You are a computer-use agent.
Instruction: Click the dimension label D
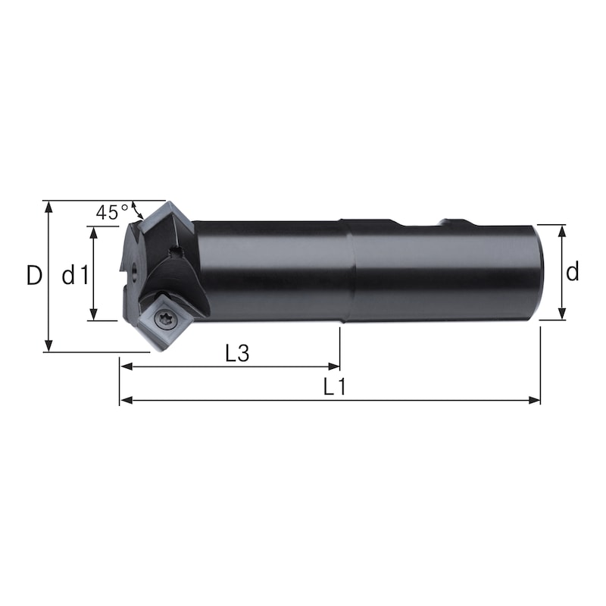point(33,275)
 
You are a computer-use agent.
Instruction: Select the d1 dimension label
point(75,275)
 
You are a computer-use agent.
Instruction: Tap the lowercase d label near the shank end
point(573,270)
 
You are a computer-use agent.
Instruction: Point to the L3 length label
point(237,353)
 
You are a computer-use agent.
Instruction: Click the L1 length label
point(334,387)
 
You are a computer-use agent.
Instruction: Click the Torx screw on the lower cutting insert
point(165,321)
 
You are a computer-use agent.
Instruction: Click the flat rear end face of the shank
point(539,272)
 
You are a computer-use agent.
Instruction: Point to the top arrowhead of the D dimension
point(48,206)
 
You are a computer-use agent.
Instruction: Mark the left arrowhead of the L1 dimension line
point(125,400)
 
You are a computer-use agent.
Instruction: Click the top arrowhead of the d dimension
point(562,230)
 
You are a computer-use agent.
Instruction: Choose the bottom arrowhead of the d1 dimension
point(93,315)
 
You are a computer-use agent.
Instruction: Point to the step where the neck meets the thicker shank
point(345,271)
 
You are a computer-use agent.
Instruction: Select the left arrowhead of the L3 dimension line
point(125,367)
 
